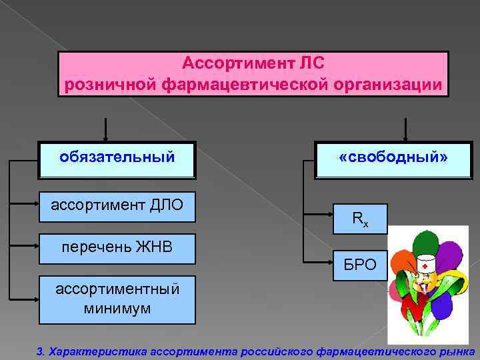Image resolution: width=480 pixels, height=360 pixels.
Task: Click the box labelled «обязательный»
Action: click(117, 159)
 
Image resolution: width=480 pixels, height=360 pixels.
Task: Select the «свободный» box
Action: click(393, 159)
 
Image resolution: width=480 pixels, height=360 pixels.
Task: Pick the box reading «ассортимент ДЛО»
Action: click(117, 204)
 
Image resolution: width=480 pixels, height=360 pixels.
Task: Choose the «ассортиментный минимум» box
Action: click(117, 299)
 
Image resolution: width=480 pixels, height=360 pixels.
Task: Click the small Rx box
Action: click(359, 219)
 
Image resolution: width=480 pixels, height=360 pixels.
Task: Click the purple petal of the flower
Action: click(449, 256)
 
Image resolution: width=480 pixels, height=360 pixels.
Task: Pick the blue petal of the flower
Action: click(443, 306)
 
